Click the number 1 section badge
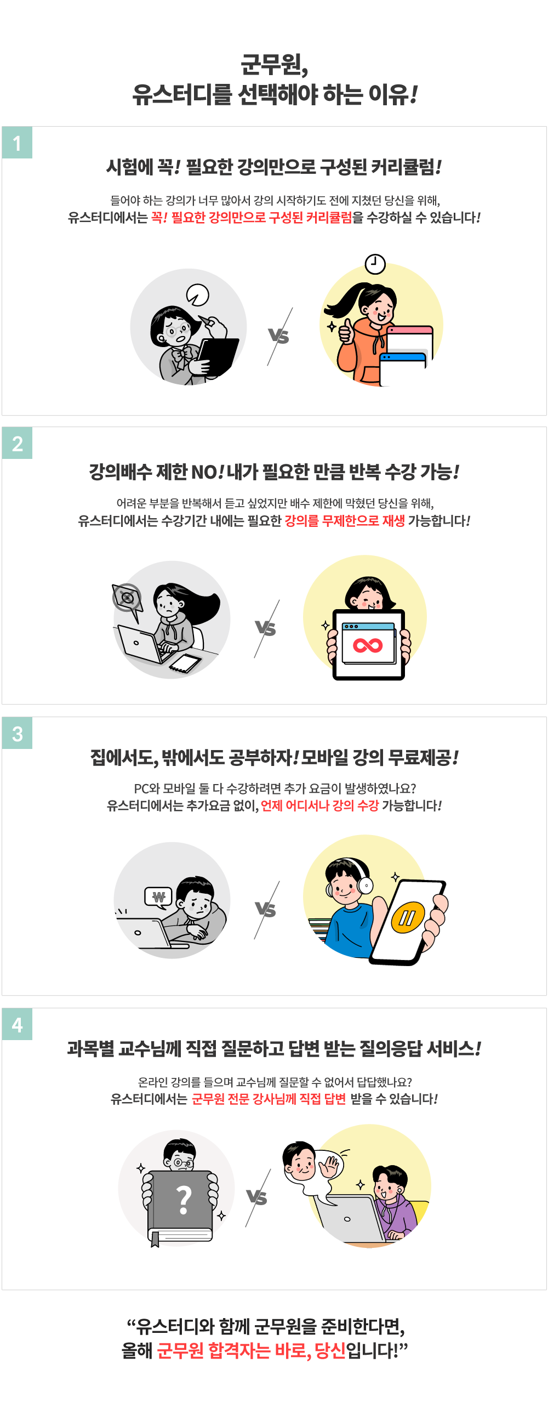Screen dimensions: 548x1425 (x=17, y=143)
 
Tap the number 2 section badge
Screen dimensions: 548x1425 (x=17, y=443)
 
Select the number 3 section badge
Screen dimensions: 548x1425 (x=17, y=733)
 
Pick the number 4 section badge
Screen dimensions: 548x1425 (x=17, y=1024)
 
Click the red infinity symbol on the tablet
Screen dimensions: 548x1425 (x=368, y=645)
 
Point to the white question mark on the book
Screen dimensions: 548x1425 (x=184, y=1199)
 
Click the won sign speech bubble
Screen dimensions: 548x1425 (x=158, y=896)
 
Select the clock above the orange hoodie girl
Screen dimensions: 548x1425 (x=375, y=264)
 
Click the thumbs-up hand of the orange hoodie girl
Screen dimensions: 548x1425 (x=346, y=332)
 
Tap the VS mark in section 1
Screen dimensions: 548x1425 (x=279, y=336)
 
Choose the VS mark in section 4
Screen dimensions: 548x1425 (x=256, y=1197)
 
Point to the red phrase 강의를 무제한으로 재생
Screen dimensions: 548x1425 (x=345, y=520)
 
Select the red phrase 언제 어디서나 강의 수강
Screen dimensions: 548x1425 (x=319, y=805)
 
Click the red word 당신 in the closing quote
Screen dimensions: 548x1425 (x=330, y=1350)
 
